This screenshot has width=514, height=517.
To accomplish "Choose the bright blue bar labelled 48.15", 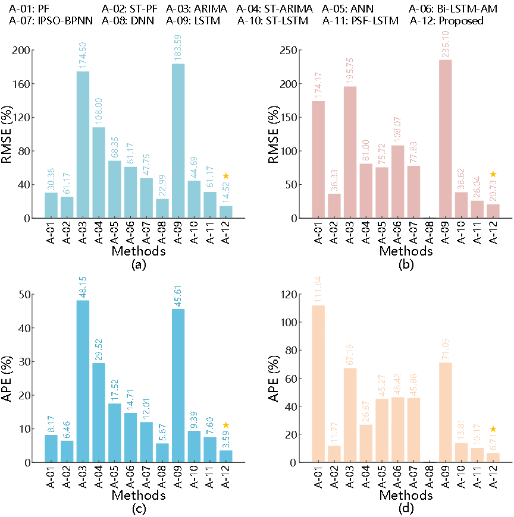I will (x=83, y=381).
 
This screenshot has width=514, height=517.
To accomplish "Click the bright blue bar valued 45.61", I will (x=178, y=386).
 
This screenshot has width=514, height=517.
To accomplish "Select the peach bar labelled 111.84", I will (x=318, y=384).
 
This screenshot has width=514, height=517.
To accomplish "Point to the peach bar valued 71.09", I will (x=446, y=412).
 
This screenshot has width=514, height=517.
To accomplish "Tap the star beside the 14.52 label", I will (x=226, y=176).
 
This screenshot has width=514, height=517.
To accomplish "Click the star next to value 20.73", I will (x=493, y=174).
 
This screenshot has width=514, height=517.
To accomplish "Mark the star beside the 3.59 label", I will (x=226, y=425).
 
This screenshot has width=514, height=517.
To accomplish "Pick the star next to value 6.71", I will (x=493, y=429).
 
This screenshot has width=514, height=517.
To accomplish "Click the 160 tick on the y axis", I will (x=22, y=84).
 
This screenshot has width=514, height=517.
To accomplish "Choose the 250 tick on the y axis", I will (x=289, y=51).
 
